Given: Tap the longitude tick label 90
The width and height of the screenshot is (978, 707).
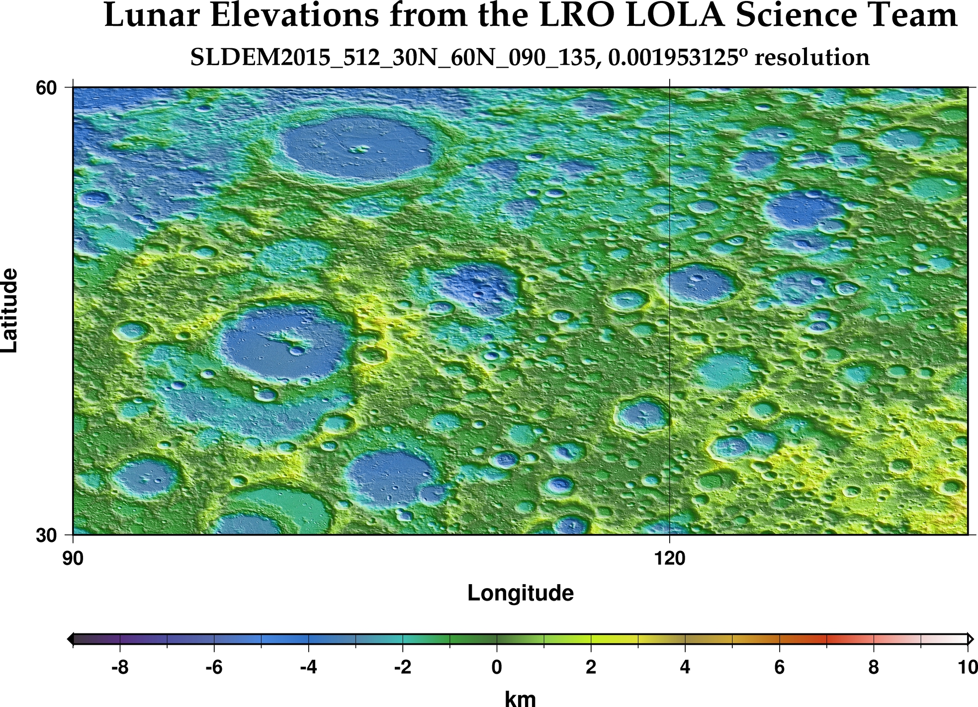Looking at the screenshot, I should point(73,559).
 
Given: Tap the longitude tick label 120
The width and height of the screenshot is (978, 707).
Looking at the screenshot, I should point(670,559).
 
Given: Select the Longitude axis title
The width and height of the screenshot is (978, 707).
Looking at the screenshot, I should point(521,593).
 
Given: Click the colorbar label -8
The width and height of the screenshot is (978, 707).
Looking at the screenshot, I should point(119,667).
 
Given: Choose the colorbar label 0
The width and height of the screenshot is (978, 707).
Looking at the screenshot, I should point(496,667).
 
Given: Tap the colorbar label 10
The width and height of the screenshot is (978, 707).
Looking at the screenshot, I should point(967,667).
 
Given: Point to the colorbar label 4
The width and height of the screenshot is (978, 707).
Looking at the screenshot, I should point(685,667).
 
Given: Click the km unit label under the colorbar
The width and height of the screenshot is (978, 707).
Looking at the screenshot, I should point(521,699).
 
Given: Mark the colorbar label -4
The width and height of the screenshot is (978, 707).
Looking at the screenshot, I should point(308,667).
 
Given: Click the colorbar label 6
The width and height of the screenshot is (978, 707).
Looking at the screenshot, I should point(779,667).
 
